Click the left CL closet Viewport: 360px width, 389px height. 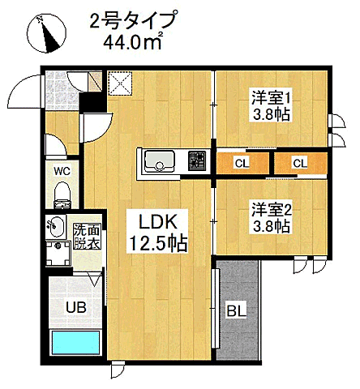pos(241,164)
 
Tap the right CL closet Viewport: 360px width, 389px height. pos(300,164)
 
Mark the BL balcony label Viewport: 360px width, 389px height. pos(236,309)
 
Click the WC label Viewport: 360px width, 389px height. pos(62,172)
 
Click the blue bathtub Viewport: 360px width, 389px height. pos(74,342)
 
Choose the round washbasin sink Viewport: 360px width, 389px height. pos(56,224)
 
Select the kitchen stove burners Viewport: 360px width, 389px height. pos(197,162)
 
